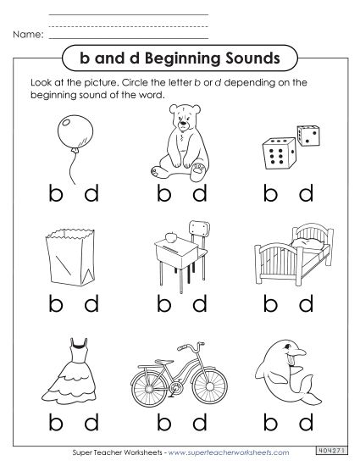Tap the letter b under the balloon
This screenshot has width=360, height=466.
pos(57,194)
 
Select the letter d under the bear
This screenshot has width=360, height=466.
pos(200,194)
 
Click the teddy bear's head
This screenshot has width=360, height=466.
pos(180,118)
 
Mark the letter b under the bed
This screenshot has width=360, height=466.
pos(271,302)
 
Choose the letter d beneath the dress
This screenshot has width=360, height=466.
pos(92,420)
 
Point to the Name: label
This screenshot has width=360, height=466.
pos(27,36)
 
